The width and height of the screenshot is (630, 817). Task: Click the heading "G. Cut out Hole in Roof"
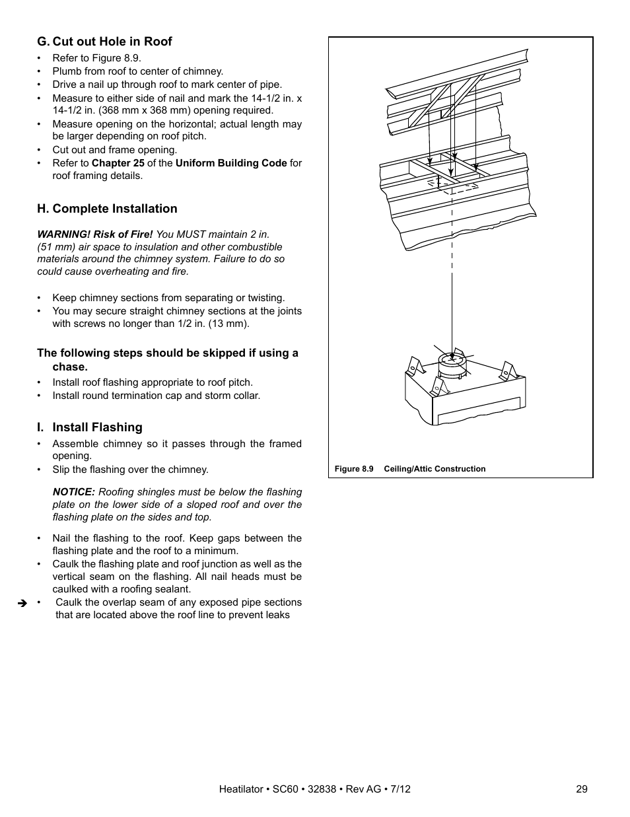[x=104, y=42]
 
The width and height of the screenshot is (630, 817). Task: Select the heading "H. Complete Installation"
[x=107, y=209]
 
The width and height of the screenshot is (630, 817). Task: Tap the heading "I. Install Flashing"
[x=90, y=427]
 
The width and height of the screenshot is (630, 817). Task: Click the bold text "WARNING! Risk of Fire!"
[x=94, y=234]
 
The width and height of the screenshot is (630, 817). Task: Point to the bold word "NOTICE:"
[x=74, y=492]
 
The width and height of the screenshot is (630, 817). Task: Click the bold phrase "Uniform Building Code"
[x=231, y=163]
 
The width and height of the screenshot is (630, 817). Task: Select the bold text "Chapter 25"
[x=118, y=163]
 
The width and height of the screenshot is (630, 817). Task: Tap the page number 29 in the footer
[x=581, y=789]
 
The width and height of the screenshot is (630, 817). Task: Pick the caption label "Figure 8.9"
[x=354, y=469]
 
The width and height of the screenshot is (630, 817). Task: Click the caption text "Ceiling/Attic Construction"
[x=435, y=469]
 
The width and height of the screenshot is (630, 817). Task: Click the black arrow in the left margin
[x=22, y=603]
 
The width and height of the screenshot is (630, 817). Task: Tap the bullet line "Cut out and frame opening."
[x=114, y=150]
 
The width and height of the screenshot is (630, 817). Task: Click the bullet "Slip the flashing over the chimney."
[x=130, y=470]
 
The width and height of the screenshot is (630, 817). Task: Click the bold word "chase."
[x=70, y=367]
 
